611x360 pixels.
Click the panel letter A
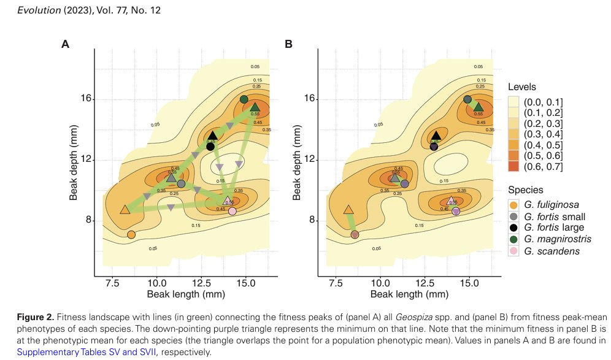click(x=64, y=44)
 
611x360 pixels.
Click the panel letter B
click(x=288, y=44)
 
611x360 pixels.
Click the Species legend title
click(x=526, y=190)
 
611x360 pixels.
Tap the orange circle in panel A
click(x=131, y=234)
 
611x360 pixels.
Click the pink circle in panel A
click(x=232, y=212)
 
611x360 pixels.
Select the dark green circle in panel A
click(x=244, y=99)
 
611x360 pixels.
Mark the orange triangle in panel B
click(x=348, y=210)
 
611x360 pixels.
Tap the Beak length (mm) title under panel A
click(x=184, y=295)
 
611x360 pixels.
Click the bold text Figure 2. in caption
click(x=36, y=317)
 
